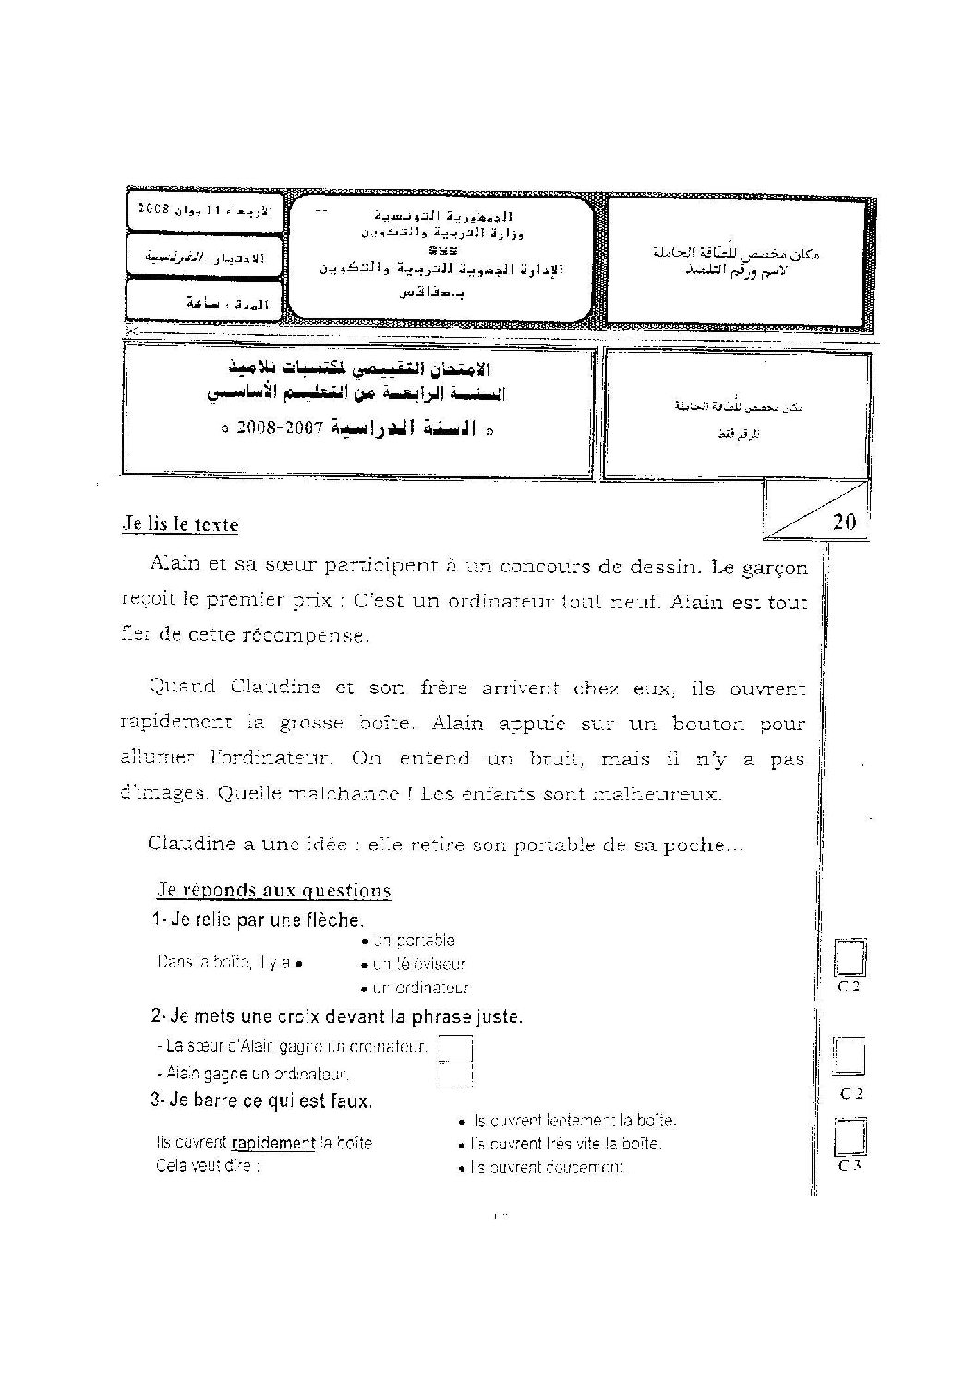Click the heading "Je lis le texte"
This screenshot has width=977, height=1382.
pyautogui.click(x=181, y=524)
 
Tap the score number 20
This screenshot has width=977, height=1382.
pyautogui.click(x=844, y=523)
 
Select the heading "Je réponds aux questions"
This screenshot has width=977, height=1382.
pyautogui.click(x=273, y=891)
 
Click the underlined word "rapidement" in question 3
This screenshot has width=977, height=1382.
pyautogui.click(x=273, y=1143)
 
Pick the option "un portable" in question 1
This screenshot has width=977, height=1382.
pyautogui.click(x=413, y=941)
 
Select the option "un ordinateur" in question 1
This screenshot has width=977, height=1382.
pyautogui.click(x=417, y=989)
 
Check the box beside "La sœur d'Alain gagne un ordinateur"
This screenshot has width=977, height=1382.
pyautogui.click(x=454, y=1048)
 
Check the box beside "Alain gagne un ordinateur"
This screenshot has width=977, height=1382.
pyautogui.click(x=454, y=1073)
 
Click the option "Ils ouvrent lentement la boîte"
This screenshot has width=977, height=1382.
pyautogui.click(x=573, y=1121)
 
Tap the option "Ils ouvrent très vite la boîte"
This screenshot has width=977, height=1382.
pyautogui.click(x=565, y=1144)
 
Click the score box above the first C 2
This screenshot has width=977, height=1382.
pyautogui.click(x=849, y=959)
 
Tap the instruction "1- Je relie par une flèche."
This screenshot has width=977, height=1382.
pyautogui.click(x=258, y=919)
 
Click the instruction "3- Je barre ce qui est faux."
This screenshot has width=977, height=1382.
pyautogui.click(x=261, y=1100)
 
